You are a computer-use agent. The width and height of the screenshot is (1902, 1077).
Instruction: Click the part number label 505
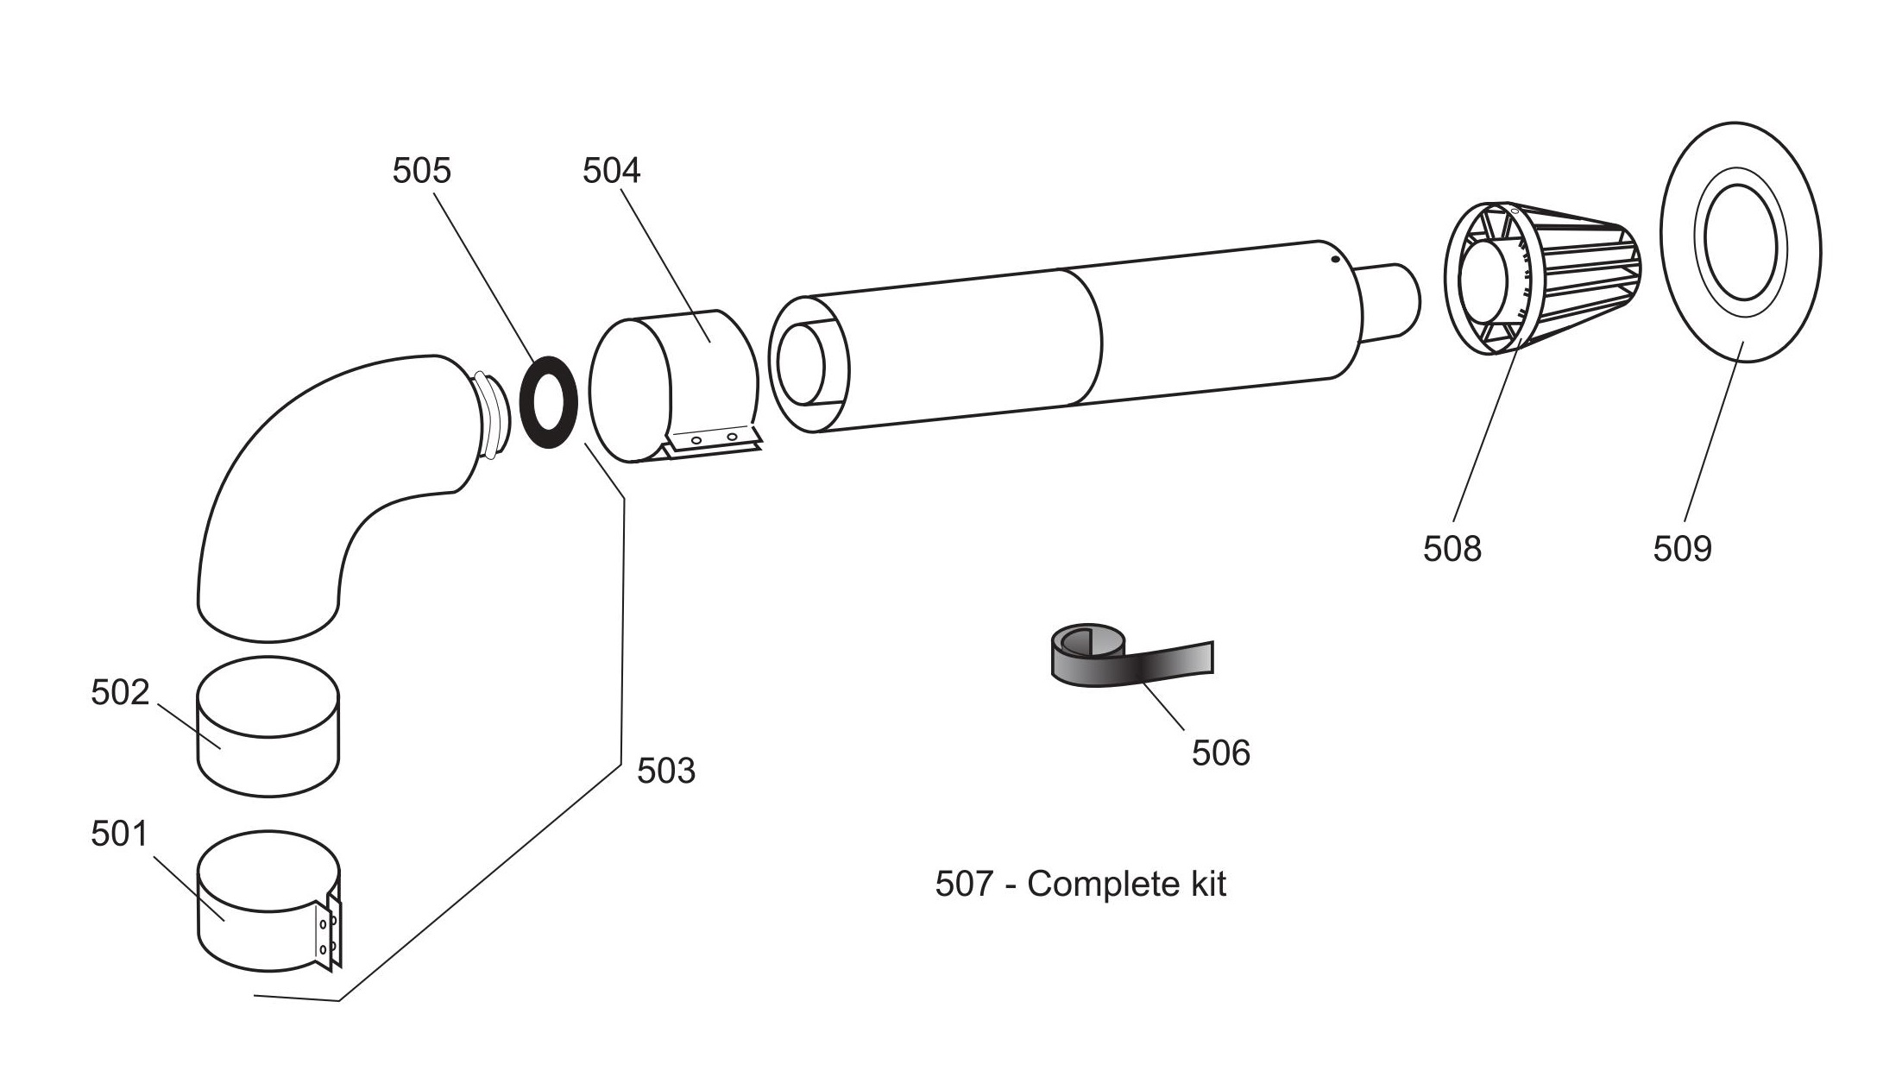(421, 171)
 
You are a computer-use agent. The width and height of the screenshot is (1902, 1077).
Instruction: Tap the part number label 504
(611, 171)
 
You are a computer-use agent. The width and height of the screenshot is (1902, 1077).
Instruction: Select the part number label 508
(1452, 549)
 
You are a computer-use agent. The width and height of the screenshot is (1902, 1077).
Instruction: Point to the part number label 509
(1682, 549)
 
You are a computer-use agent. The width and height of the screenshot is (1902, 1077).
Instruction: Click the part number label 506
(1220, 753)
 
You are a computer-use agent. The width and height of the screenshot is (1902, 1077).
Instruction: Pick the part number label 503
(665, 771)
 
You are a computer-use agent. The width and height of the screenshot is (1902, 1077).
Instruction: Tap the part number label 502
(120, 692)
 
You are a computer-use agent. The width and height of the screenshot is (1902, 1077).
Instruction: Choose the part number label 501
(120, 834)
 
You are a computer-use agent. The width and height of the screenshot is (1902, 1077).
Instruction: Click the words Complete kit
(1126, 885)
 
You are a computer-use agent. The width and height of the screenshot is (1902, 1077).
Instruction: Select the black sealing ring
(549, 401)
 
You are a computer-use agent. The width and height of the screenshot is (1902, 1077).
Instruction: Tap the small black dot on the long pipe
(1334, 258)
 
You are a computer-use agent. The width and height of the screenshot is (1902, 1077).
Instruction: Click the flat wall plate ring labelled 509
(1741, 242)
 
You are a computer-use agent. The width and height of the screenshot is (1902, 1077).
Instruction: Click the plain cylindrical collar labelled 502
(268, 727)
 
